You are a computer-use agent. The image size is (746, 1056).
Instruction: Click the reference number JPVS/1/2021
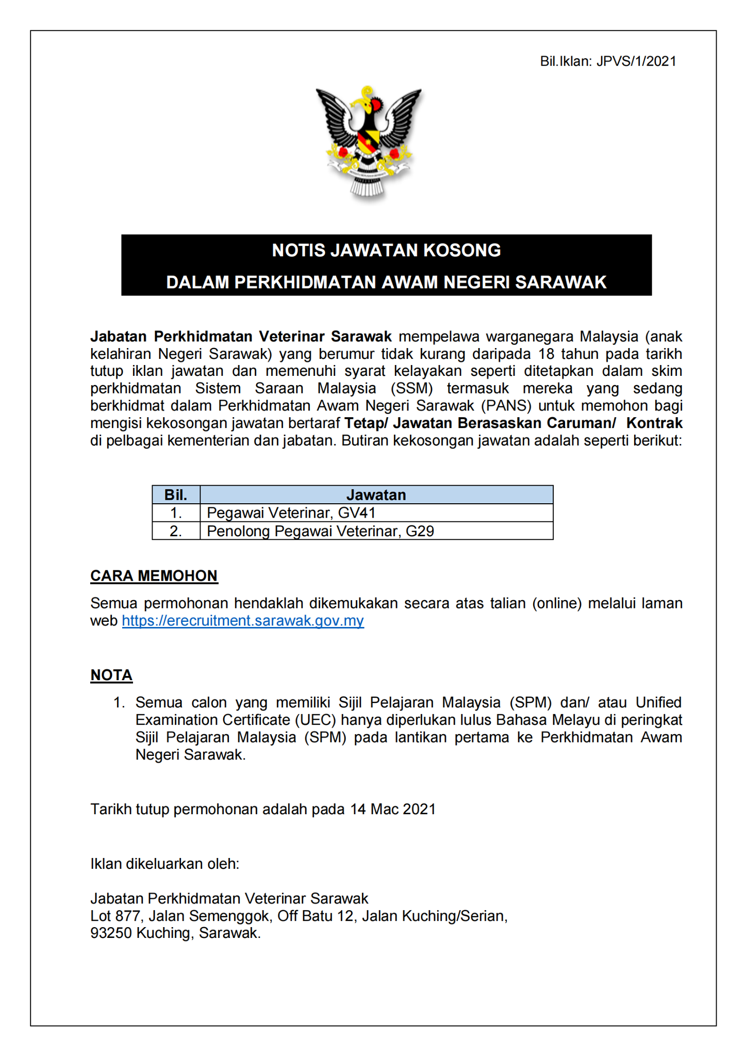pos(636,61)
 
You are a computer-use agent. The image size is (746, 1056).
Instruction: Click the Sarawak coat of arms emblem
pos(369,142)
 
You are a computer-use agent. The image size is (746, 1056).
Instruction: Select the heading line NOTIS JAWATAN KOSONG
pos(386,251)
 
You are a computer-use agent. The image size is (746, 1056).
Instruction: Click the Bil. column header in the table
pos(176,495)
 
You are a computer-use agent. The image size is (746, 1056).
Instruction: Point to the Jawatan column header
pos(376,495)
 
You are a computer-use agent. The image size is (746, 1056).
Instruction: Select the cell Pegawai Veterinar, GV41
pos(291,513)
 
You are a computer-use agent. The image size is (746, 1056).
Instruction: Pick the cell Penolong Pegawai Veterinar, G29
pos(320,531)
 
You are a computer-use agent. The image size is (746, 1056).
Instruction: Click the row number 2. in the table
pos(176,531)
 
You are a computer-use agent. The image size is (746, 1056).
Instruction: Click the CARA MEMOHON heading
pos(154,576)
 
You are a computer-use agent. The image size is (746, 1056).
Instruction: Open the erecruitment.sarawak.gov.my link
pos(243,621)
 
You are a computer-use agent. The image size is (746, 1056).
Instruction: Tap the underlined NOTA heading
pos(111,675)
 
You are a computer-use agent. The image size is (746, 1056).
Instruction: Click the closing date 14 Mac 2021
pos(393,809)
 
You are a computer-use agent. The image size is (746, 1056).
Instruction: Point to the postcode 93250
pos(111,933)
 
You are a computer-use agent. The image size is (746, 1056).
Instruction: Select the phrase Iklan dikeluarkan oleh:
pos(164,864)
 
